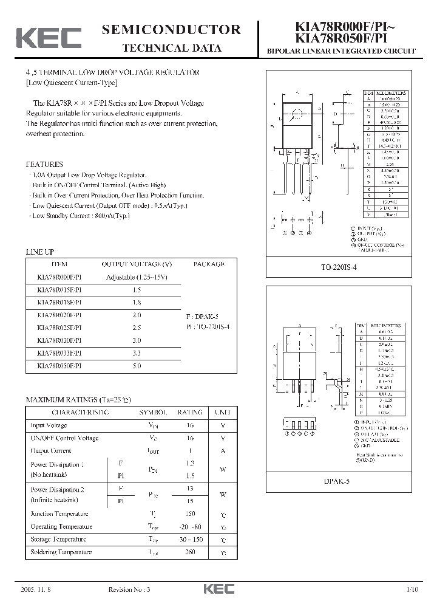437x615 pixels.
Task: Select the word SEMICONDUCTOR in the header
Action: [172, 30]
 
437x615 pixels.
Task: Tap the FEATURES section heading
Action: [44, 164]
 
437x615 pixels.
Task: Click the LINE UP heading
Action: [40, 251]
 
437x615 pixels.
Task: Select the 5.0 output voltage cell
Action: [137, 366]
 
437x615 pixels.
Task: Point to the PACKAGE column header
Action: [209, 264]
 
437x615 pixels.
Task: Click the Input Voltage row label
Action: [49, 425]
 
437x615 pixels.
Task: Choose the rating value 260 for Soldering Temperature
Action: [190, 552]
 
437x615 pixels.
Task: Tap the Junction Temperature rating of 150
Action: [190, 514]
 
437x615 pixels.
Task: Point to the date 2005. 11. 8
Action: [37, 589]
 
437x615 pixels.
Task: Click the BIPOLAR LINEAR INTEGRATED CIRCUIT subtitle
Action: [341, 51]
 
